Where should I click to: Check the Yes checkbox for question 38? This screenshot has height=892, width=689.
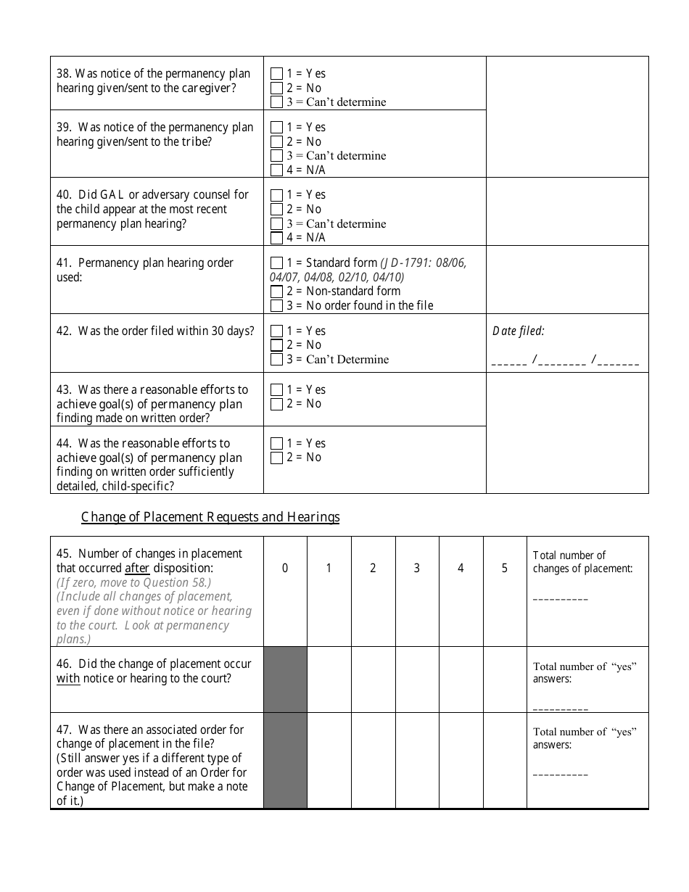click(x=276, y=74)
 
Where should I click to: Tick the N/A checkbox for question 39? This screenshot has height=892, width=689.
click(x=276, y=170)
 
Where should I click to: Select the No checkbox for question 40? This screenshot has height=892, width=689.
click(x=276, y=210)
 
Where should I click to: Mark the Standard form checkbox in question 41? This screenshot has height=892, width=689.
click(x=276, y=263)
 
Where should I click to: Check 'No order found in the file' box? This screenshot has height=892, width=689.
click(x=276, y=306)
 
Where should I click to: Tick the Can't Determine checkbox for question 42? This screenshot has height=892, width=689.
click(x=276, y=360)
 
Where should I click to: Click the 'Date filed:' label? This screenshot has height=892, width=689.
click(x=518, y=331)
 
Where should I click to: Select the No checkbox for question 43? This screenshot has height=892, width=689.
click(x=276, y=404)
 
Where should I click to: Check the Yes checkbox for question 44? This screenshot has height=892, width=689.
click(x=276, y=444)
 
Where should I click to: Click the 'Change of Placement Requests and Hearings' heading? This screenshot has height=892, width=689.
click(x=210, y=517)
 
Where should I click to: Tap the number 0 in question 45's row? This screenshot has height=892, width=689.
click(x=285, y=569)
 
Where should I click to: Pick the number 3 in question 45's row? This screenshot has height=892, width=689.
click(x=417, y=569)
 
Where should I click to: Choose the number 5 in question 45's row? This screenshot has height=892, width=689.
click(x=505, y=569)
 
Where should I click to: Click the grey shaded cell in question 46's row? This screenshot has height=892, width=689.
click(x=285, y=680)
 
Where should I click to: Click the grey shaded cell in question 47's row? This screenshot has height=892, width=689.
click(x=285, y=760)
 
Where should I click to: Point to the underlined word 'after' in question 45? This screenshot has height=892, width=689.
click(x=137, y=569)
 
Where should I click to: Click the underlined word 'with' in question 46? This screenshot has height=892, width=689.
click(x=68, y=679)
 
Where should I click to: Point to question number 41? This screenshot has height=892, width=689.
click(x=62, y=263)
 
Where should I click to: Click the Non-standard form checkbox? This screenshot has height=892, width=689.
click(x=276, y=292)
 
